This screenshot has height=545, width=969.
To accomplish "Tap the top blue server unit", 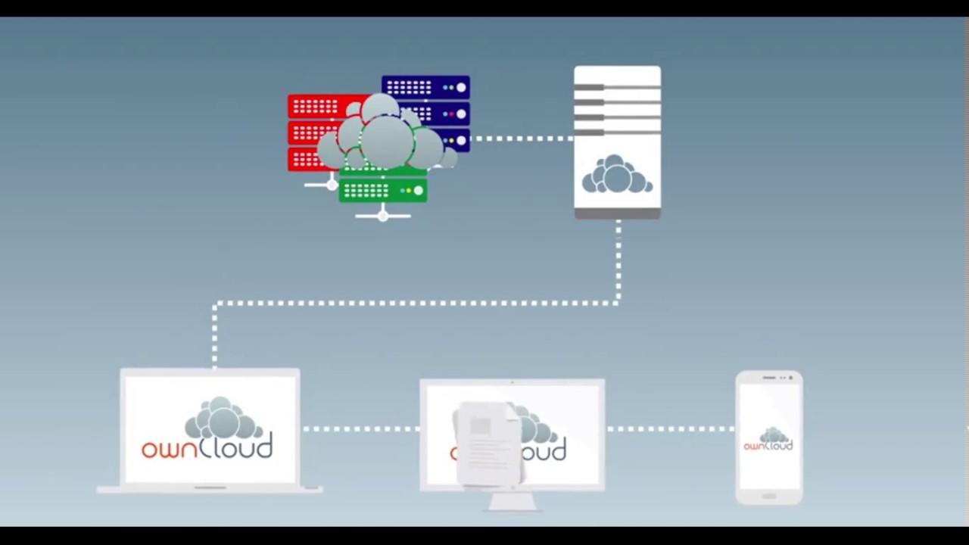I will [x=425, y=88].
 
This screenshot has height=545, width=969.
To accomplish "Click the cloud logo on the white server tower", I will [x=617, y=176].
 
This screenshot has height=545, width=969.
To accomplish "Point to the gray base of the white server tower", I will [x=617, y=214].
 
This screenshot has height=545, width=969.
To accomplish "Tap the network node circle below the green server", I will [x=382, y=216].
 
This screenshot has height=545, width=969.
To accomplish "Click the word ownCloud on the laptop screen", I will [x=207, y=447].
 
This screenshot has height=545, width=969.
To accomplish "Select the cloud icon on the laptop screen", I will [x=223, y=419].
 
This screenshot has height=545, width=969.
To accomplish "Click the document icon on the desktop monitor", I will [x=488, y=443].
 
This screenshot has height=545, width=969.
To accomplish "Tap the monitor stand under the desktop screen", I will [x=513, y=501].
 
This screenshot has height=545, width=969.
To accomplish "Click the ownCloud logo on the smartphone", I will [x=768, y=440].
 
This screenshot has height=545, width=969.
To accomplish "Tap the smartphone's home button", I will [x=768, y=496].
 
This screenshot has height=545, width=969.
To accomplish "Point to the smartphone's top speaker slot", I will [x=768, y=377].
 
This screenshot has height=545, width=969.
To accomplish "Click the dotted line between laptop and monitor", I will [x=360, y=429].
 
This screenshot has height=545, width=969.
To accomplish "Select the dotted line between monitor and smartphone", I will [x=670, y=429].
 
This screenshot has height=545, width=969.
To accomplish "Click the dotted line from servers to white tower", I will [x=522, y=139].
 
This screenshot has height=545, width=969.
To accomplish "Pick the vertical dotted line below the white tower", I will [x=618, y=261].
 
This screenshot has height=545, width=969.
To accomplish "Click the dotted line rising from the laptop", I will [x=215, y=337].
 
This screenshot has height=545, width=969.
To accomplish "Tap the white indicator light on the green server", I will [x=418, y=191].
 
